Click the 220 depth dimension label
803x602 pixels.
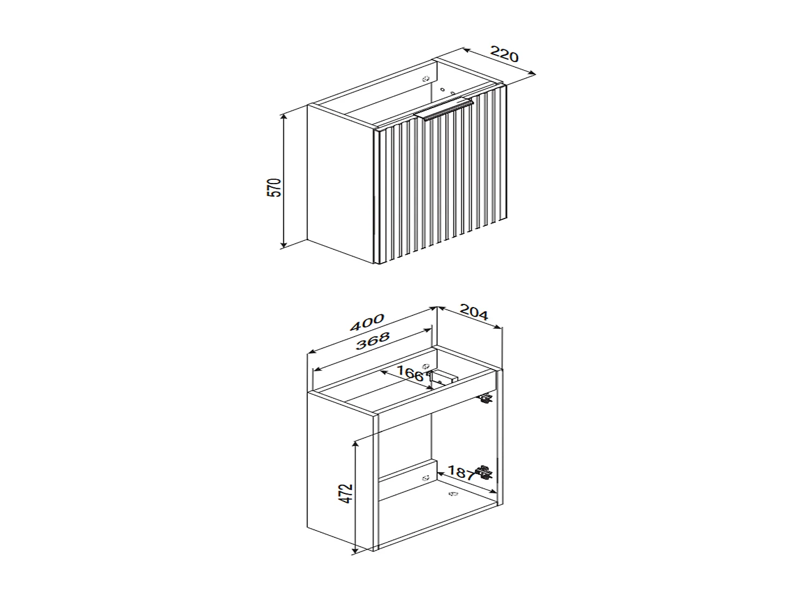[x=505, y=55]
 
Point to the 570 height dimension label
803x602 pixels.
[x=274, y=187]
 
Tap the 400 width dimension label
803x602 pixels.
[x=367, y=323]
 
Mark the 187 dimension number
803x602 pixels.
[x=460, y=473]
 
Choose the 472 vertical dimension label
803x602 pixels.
[x=347, y=493]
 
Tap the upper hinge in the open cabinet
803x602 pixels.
[x=486, y=398]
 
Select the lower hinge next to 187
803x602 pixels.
[x=485, y=472]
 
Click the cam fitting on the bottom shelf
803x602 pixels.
[x=452, y=494]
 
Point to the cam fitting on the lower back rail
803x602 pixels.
[x=426, y=478]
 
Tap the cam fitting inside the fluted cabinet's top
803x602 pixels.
[x=426, y=79]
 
